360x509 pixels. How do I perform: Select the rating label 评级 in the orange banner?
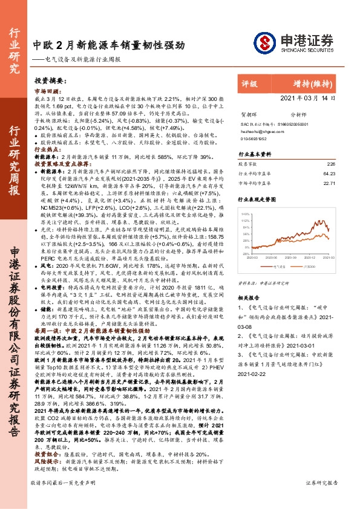click(250, 85)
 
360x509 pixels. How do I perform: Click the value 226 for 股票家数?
click(330, 164)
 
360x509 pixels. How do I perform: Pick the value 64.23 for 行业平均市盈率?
click(329, 173)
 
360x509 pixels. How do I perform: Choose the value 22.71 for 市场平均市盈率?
click(329, 183)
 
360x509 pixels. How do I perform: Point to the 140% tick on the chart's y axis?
click(246, 214)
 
